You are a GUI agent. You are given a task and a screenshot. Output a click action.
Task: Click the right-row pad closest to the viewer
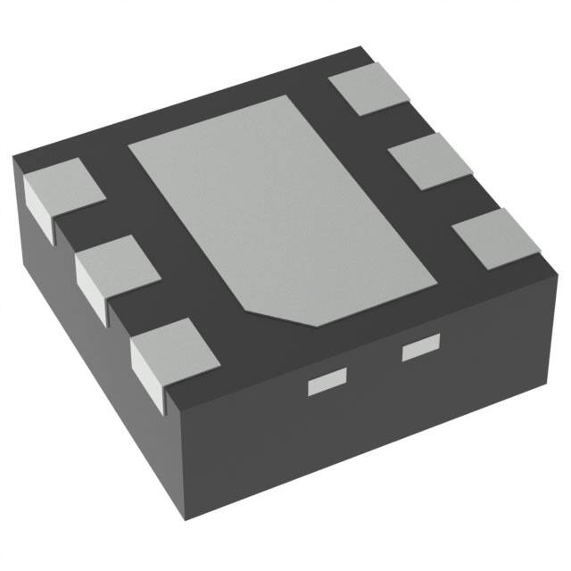tap(496, 237)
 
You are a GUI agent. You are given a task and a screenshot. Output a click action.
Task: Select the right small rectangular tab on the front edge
tap(421, 350)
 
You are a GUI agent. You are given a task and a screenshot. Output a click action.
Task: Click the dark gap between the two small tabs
tap(373, 368)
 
